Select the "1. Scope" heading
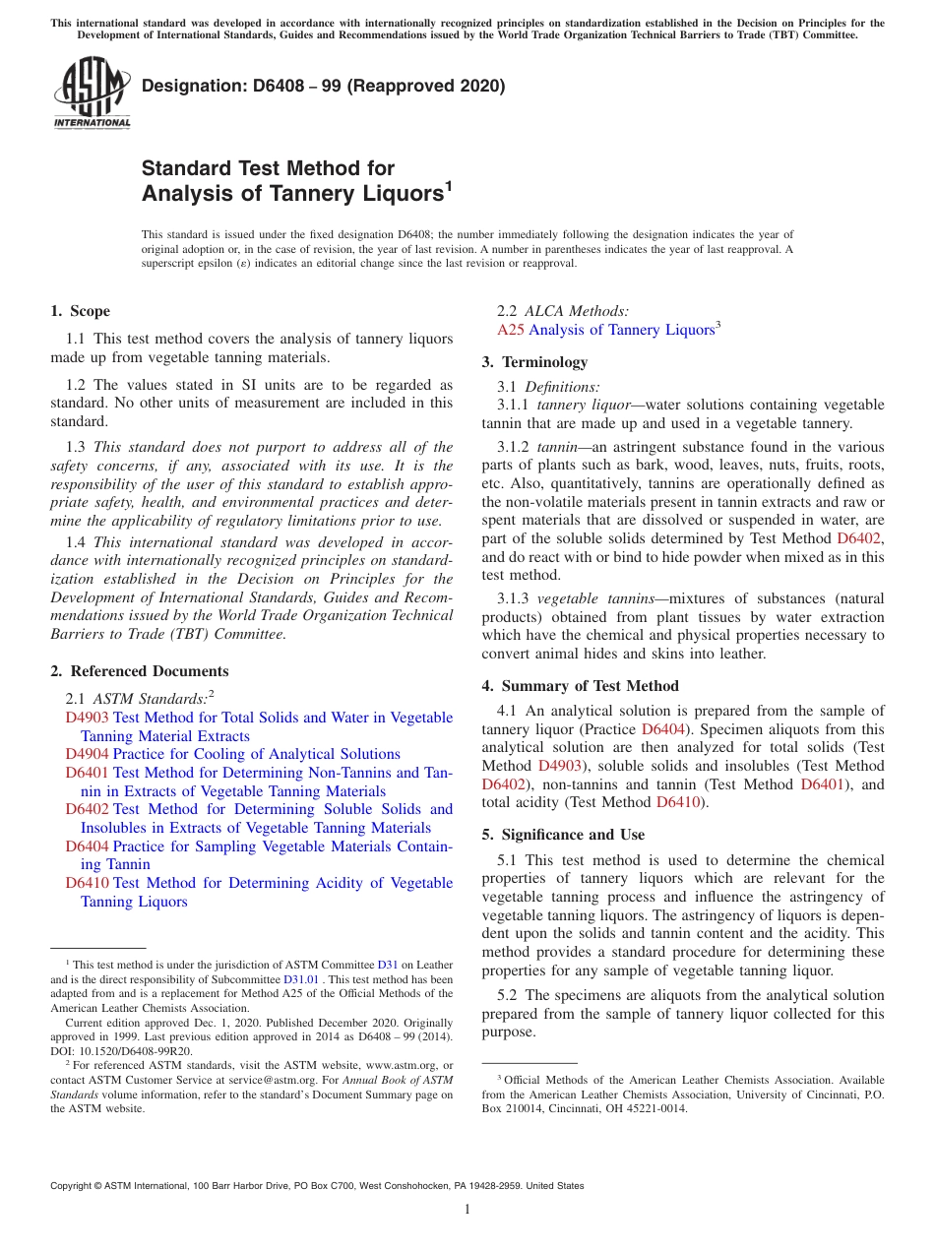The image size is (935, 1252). click(x=80, y=312)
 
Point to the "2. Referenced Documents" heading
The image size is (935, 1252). click(x=139, y=671)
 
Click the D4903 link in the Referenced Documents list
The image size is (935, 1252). click(x=87, y=718)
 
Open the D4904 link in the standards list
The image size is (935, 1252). click(x=87, y=754)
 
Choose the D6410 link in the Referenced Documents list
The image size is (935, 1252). click(x=87, y=883)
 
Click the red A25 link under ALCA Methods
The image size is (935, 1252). click(x=510, y=331)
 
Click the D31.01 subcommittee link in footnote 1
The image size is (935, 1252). click(x=299, y=979)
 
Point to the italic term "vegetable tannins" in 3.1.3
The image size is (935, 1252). click(x=596, y=598)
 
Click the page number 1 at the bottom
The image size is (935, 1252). click(x=467, y=1210)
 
